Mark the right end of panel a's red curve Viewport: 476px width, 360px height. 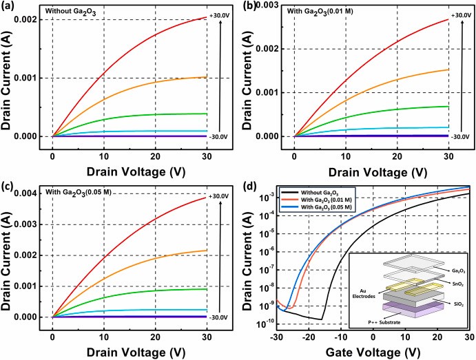(206, 17)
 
